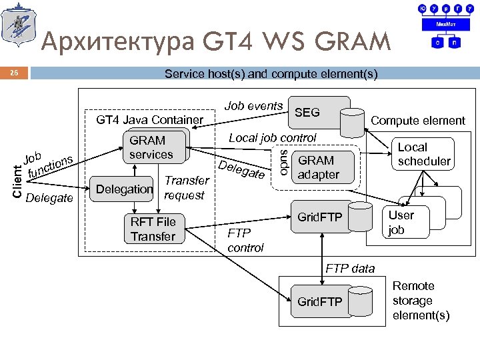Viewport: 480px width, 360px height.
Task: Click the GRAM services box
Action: tap(151, 147)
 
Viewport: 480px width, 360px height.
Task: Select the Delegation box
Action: tap(125, 189)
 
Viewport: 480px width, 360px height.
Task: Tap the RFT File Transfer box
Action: tap(153, 229)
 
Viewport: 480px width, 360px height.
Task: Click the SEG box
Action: tap(307, 113)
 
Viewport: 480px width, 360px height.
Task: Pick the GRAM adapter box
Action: tap(319, 168)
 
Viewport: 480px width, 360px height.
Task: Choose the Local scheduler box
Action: tap(424, 154)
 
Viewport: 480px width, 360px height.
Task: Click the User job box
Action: tap(401, 222)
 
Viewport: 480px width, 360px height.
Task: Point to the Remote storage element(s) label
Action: tap(421, 301)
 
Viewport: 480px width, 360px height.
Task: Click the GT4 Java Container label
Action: tap(150, 120)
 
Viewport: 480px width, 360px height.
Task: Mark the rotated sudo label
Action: tap(284, 162)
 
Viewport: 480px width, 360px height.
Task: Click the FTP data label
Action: tap(350, 269)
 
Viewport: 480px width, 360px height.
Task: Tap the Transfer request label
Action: tap(187, 187)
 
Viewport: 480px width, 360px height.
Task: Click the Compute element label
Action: tap(418, 120)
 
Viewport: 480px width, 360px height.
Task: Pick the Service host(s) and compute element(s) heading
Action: tap(271, 74)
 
